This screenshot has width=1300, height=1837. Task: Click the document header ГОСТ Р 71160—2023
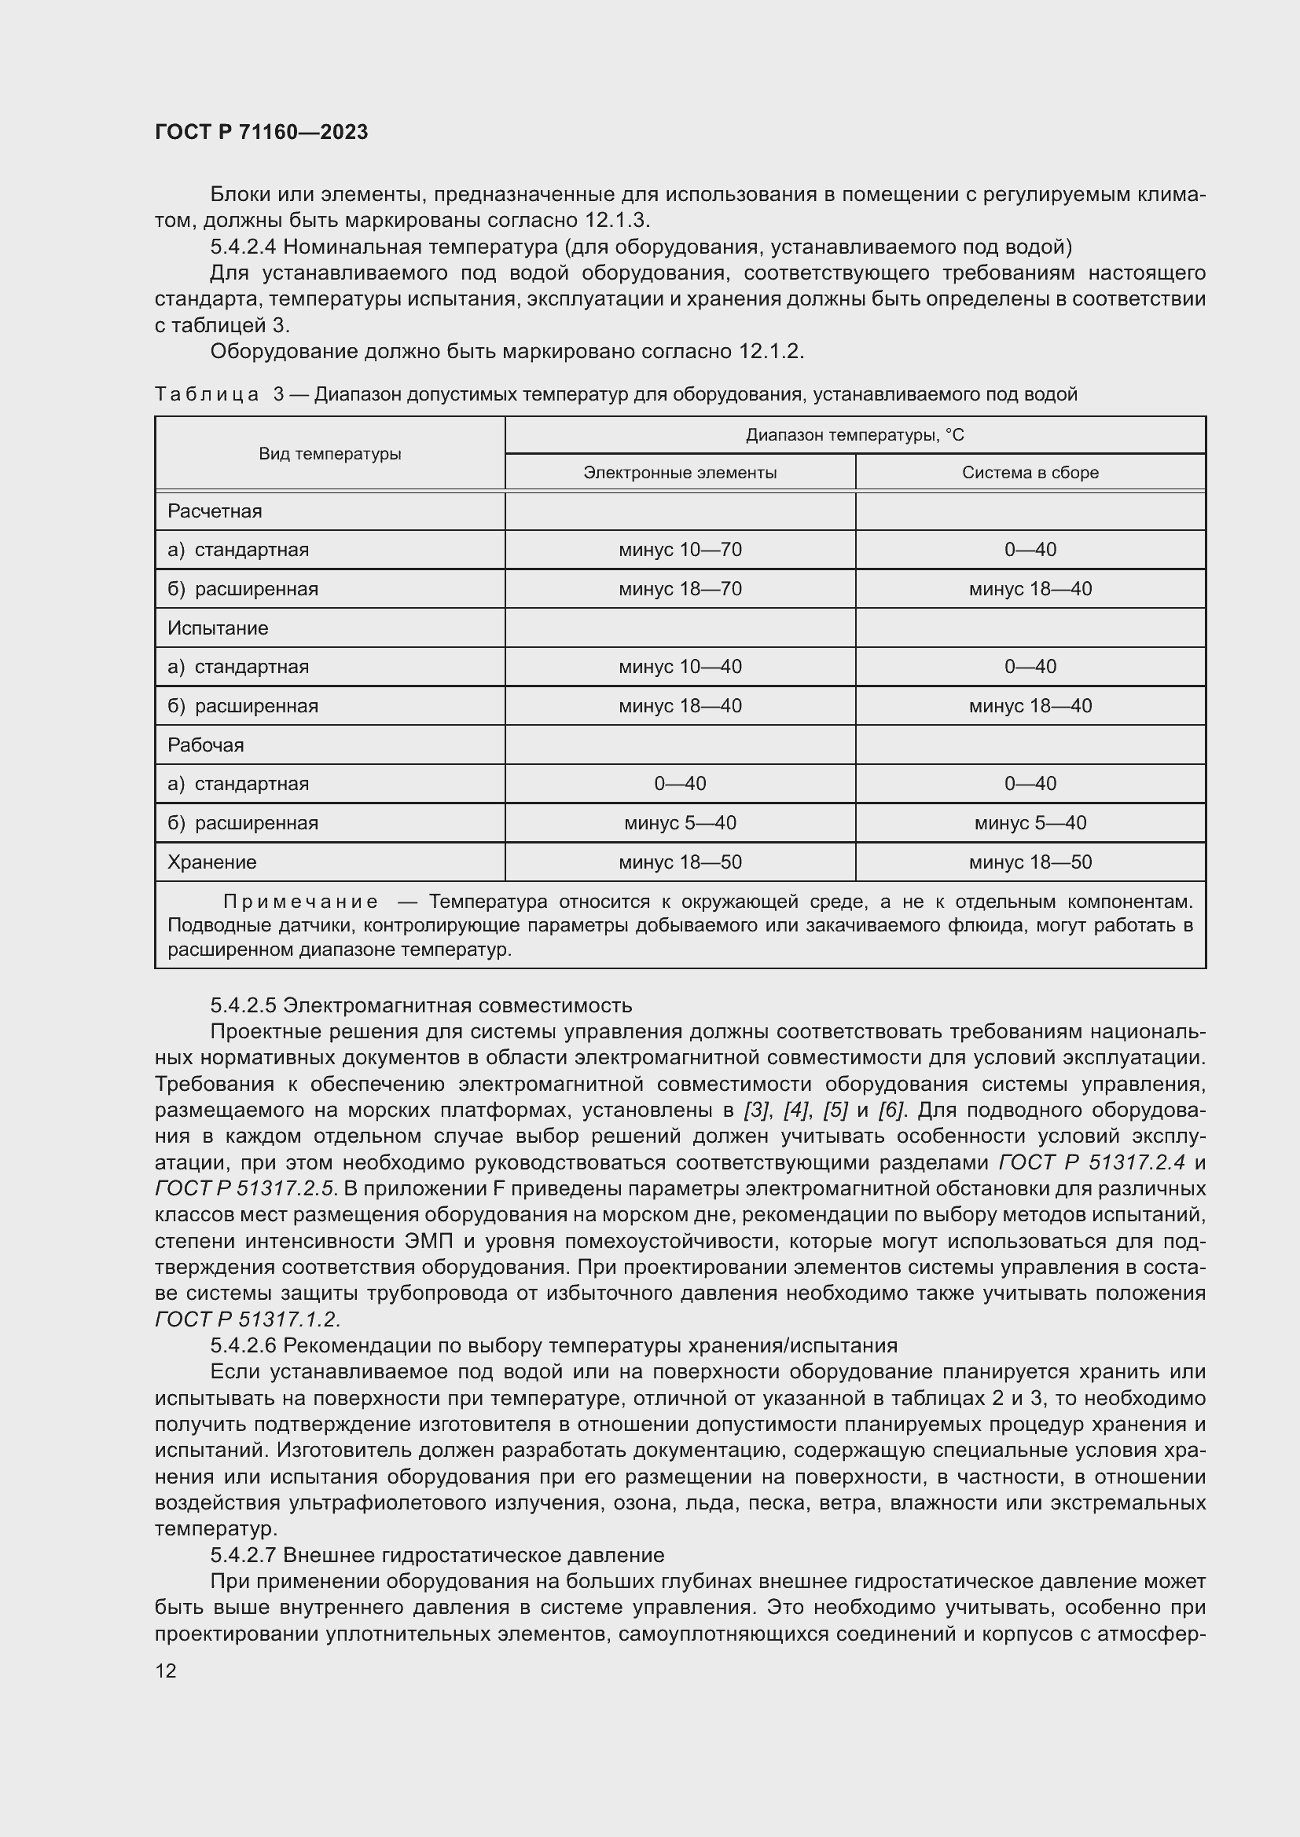click(261, 132)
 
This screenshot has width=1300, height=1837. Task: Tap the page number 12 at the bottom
click(166, 1670)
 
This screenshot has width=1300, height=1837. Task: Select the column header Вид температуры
click(329, 454)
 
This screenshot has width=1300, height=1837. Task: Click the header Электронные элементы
click(680, 472)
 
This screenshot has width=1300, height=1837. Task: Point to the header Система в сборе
click(1030, 472)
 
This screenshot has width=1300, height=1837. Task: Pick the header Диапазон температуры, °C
click(855, 435)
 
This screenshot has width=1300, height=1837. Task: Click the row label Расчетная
click(215, 510)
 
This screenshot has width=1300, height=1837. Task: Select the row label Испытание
click(218, 628)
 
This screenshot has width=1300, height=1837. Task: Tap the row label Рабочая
click(206, 745)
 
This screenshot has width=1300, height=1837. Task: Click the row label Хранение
click(212, 862)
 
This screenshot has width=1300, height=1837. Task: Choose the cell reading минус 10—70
click(680, 550)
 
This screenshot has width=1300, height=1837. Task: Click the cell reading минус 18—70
click(680, 589)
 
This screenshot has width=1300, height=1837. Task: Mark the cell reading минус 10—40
click(680, 667)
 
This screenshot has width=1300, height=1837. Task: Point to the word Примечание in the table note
click(300, 902)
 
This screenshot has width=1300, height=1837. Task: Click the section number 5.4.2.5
click(244, 1005)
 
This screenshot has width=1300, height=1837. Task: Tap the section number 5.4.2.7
click(244, 1554)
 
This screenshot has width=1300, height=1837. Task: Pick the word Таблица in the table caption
click(207, 394)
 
